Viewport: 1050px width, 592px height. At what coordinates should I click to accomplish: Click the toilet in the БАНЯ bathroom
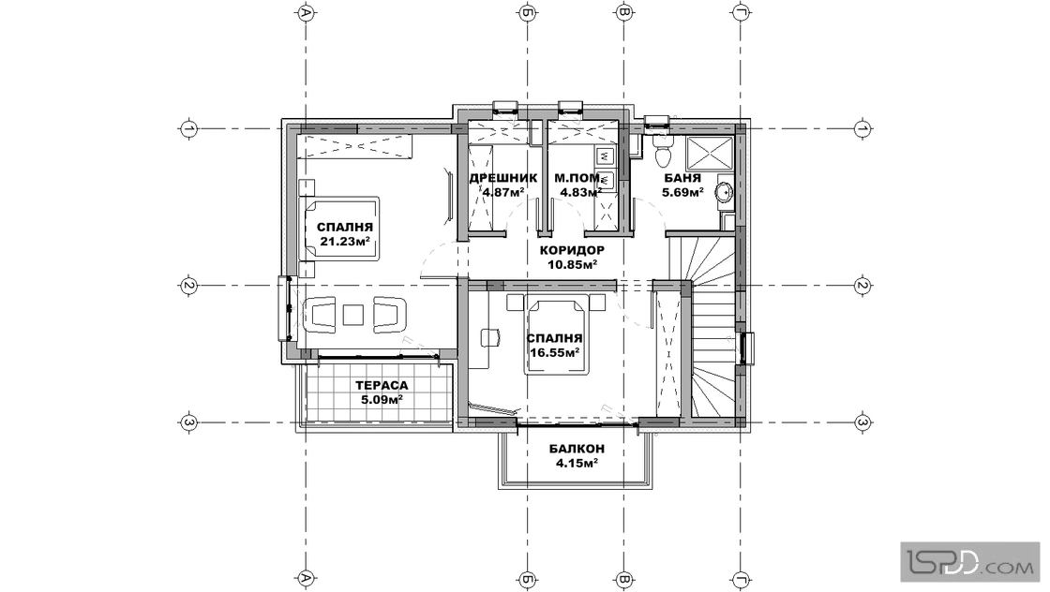662,152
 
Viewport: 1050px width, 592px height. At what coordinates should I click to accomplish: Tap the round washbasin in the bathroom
724,192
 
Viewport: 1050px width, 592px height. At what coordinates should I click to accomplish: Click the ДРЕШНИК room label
502,179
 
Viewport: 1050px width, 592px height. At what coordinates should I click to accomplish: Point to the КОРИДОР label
572,250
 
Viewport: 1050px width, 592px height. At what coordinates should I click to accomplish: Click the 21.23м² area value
345,242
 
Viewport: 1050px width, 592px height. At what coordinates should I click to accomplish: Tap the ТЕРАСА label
382,386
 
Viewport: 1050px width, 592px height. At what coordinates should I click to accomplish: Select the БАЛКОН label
577,449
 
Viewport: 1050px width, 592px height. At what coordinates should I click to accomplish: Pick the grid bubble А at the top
306,12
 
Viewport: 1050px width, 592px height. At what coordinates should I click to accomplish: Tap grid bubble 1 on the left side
188,127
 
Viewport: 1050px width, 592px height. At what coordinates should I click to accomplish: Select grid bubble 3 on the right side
862,422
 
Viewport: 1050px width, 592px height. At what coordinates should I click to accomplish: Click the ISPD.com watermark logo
969,561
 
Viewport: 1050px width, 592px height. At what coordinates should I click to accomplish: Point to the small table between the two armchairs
352,315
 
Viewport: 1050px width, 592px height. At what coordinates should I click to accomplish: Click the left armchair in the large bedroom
320,315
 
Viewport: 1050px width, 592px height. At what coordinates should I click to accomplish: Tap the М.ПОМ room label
577,179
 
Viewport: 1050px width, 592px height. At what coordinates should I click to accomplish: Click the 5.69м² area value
682,193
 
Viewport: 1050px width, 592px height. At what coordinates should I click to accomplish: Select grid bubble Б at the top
527,12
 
